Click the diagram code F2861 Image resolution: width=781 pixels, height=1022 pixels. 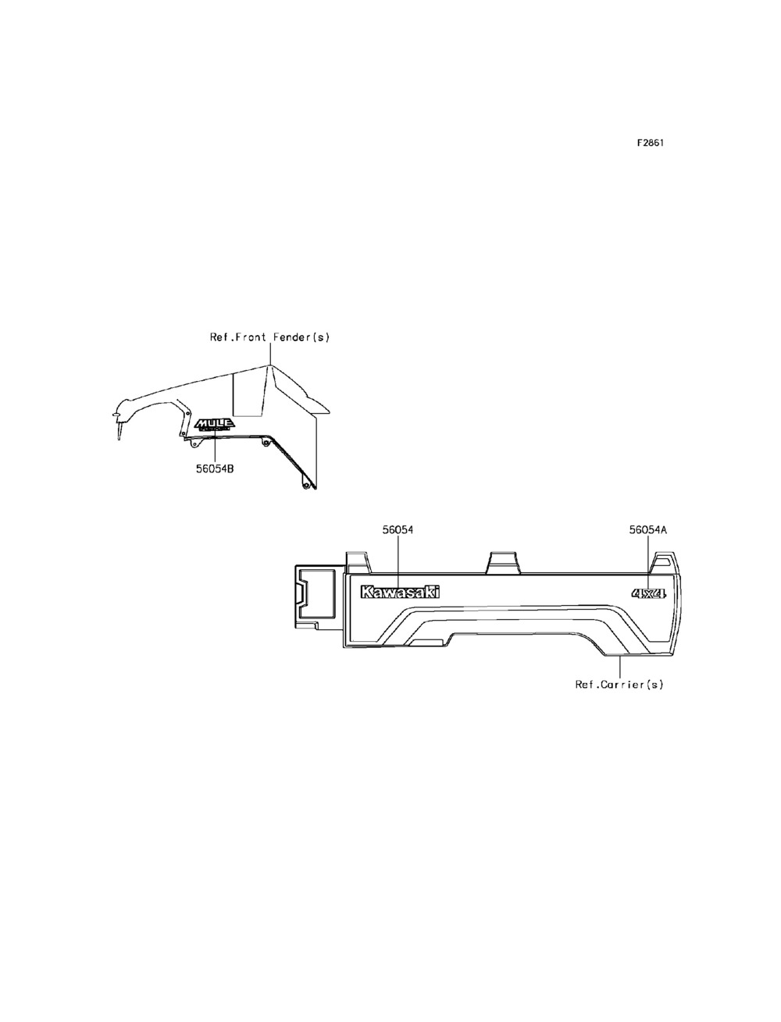point(650,144)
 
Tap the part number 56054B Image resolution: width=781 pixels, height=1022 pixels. point(215,469)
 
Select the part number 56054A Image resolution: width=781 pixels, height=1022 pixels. point(648,529)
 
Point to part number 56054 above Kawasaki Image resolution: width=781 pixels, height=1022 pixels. point(398,529)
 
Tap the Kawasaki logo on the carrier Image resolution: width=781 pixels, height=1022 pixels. point(399,593)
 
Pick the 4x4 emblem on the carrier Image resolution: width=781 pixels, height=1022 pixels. point(648,594)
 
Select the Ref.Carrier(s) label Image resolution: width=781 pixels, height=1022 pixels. point(619,685)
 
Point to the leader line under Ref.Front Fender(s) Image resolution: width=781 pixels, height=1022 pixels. point(269,354)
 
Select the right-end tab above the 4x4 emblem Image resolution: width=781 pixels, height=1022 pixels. point(665,563)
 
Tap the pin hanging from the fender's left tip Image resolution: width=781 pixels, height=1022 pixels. point(119,428)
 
